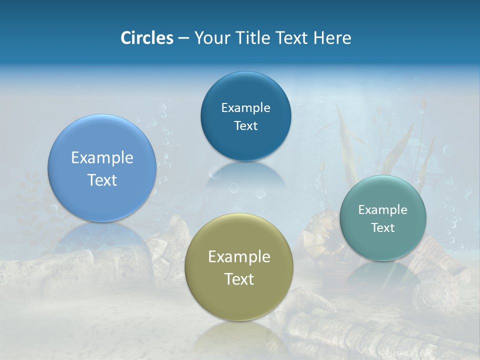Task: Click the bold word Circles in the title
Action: click(x=146, y=38)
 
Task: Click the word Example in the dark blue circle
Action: click(x=245, y=107)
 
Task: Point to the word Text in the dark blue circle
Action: click(x=245, y=125)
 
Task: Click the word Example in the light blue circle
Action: click(x=102, y=157)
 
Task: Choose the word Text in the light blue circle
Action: click(x=102, y=180)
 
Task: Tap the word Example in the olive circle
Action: click(x=239, y=256)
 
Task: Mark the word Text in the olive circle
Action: click(x=239, y=279)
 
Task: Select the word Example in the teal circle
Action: click(x=382, y=209)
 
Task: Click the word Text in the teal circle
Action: click(x=383, y=227)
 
